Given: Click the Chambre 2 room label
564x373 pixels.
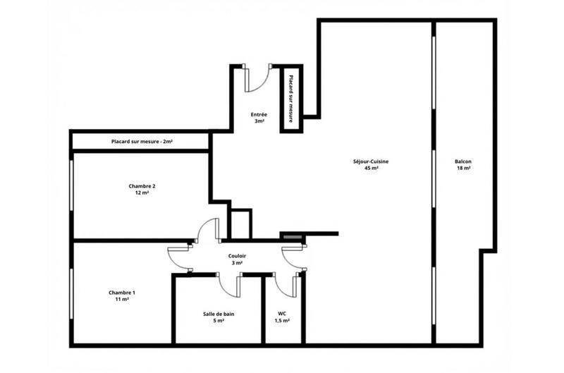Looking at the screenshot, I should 142,186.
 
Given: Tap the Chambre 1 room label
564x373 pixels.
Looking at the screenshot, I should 122,292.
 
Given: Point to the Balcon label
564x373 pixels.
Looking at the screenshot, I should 463,161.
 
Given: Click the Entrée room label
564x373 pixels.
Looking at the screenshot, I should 259,114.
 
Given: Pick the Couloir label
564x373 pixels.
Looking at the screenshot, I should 237,256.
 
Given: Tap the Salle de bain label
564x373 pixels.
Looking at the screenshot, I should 219,313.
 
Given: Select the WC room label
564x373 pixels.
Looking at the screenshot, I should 282,313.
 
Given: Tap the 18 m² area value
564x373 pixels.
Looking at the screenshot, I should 463,169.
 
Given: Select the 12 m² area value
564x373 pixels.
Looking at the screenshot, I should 142,192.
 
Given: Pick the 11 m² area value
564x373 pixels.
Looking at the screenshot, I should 122,299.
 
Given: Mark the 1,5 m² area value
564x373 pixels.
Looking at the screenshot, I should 282,320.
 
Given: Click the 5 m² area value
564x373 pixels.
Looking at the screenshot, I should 219,320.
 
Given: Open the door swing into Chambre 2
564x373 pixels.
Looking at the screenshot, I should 209,231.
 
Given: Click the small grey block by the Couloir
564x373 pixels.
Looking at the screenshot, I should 290,237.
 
